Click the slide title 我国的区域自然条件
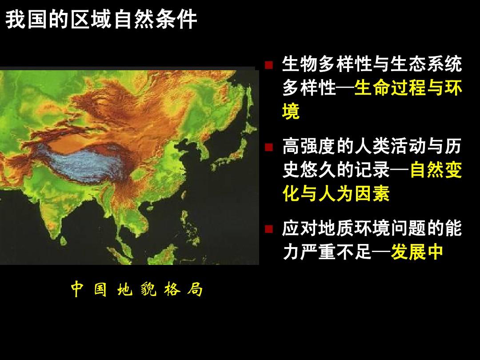pyautogui.click(x=101, y=20)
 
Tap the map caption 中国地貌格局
pyautogui.click(x=137, y=289)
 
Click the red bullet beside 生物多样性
pyautogui.click(x=269, y=65)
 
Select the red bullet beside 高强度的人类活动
pyautogui.click(x=269, y=147)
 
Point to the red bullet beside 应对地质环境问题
pyautogui.click(x=269, y=229)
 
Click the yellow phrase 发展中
pyautogui.click(x=417, y=252)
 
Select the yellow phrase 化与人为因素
pyautogui.click(x=336, y=193)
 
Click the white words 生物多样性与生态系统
pyautogui.click(x=372, y=64)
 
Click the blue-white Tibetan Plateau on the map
pyautogui.click(x=83, y=164)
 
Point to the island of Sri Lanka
pyautogui.click(x=64, y=241)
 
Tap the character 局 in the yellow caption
pyautogui.click(x=195, y=289)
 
